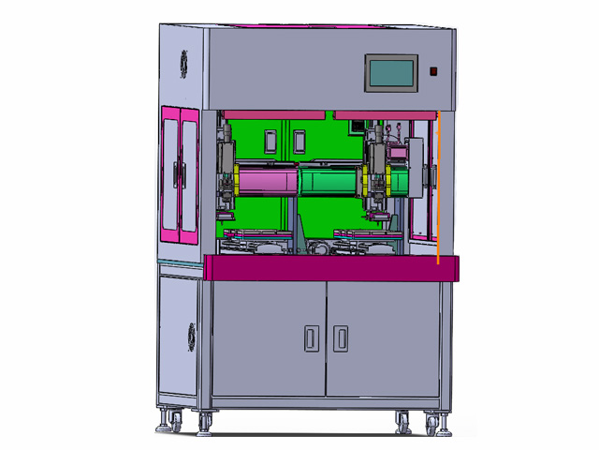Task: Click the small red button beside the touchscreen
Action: [x=433, y=71]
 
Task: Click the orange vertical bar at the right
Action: [x=437, y=187]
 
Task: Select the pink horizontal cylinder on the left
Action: [x=267, y=178]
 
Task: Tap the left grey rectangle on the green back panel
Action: [x=270, y=142]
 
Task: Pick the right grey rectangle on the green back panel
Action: [x=299, y=142]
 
